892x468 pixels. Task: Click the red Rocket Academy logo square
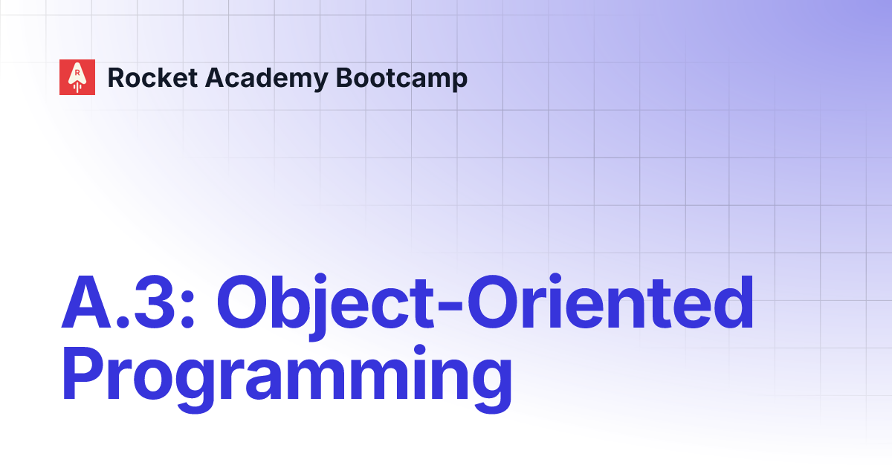77,77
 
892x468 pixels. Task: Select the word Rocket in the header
146,77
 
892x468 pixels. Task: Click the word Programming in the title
287,380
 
